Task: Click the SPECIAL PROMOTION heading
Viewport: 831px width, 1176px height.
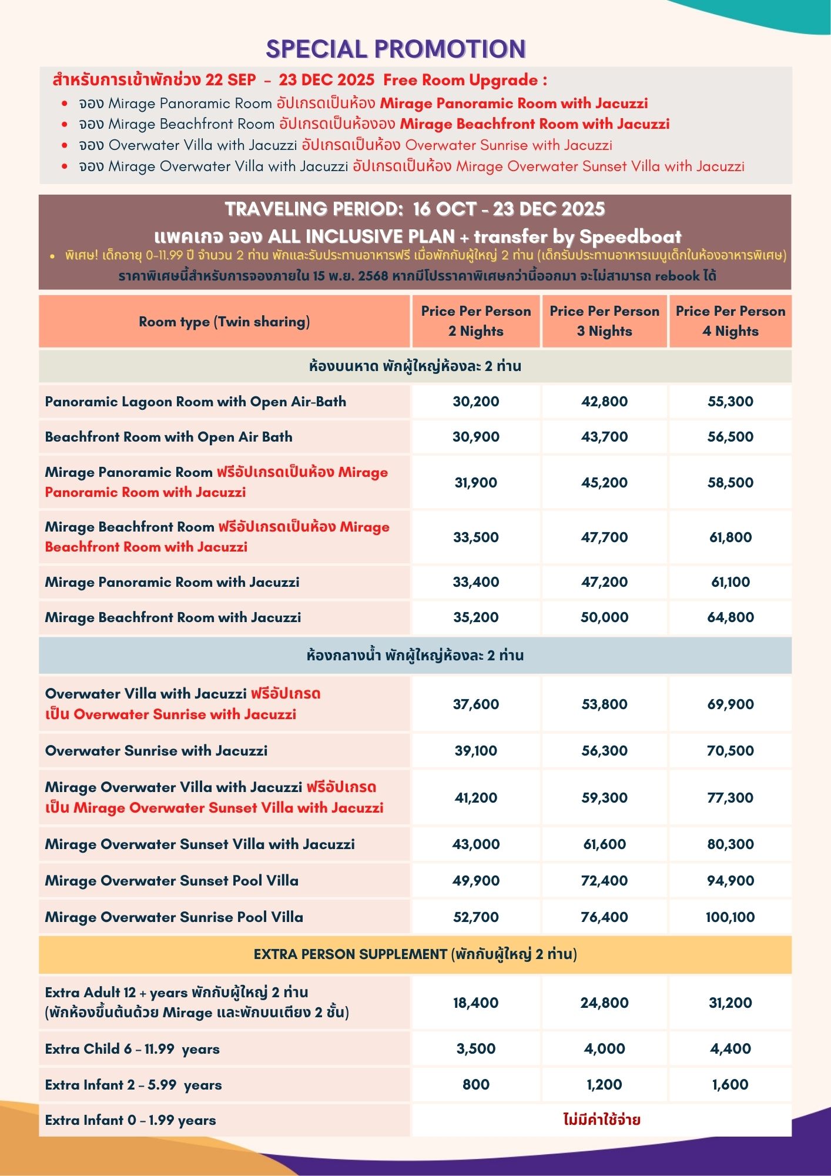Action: [396, 49]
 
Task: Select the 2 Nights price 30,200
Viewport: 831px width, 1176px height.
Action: [475, 402]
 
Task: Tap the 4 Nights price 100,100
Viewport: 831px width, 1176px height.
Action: [730, 917]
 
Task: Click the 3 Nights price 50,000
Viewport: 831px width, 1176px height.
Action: [604, 617]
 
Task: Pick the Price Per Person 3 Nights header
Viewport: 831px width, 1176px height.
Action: [604, 321]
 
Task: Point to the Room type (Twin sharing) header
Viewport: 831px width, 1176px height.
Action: [224, 322]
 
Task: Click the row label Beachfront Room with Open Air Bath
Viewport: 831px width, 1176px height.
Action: [169, 437]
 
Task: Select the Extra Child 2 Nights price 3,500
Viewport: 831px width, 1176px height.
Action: [475, 1048]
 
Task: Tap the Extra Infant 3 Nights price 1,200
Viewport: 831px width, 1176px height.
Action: [604, 1084]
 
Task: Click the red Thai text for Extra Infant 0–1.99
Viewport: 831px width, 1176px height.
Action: [602, 1120]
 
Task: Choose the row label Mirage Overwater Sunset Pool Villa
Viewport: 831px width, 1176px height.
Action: [172, 880]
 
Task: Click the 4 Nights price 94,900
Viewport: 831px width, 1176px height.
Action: [730, 880]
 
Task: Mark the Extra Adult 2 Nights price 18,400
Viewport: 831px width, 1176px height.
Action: [475, 1003]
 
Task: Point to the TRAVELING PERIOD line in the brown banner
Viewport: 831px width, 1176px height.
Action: [414, 209]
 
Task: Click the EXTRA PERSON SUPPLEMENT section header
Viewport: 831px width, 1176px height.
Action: [415, 954]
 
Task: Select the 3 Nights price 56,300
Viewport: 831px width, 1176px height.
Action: [604, 750]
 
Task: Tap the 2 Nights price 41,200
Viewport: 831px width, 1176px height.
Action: [475, 797]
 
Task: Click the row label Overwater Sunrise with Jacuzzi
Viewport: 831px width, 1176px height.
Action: [156, 750]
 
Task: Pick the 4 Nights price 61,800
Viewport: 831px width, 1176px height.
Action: [730, 537]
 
